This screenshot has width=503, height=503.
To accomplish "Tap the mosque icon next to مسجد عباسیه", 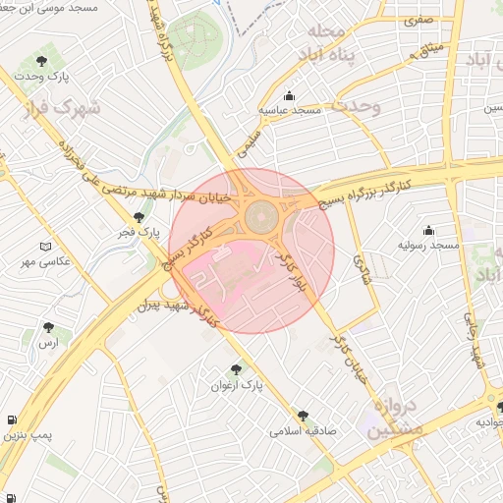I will pyautogui.click(x=289, y=96).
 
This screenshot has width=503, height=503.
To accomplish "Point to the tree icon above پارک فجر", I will pyautogui.click(x=139, y=217).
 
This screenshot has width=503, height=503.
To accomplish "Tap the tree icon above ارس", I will pyautogui.click(x=48, y=327).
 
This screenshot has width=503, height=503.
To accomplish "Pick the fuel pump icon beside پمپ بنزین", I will pyautogui.click(x=10, y=420).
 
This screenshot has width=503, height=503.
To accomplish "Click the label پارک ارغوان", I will pyautogui.click(x=237, y=385).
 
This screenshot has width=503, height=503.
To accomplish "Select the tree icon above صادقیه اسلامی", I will pyautogui.click(x=303, y=416).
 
